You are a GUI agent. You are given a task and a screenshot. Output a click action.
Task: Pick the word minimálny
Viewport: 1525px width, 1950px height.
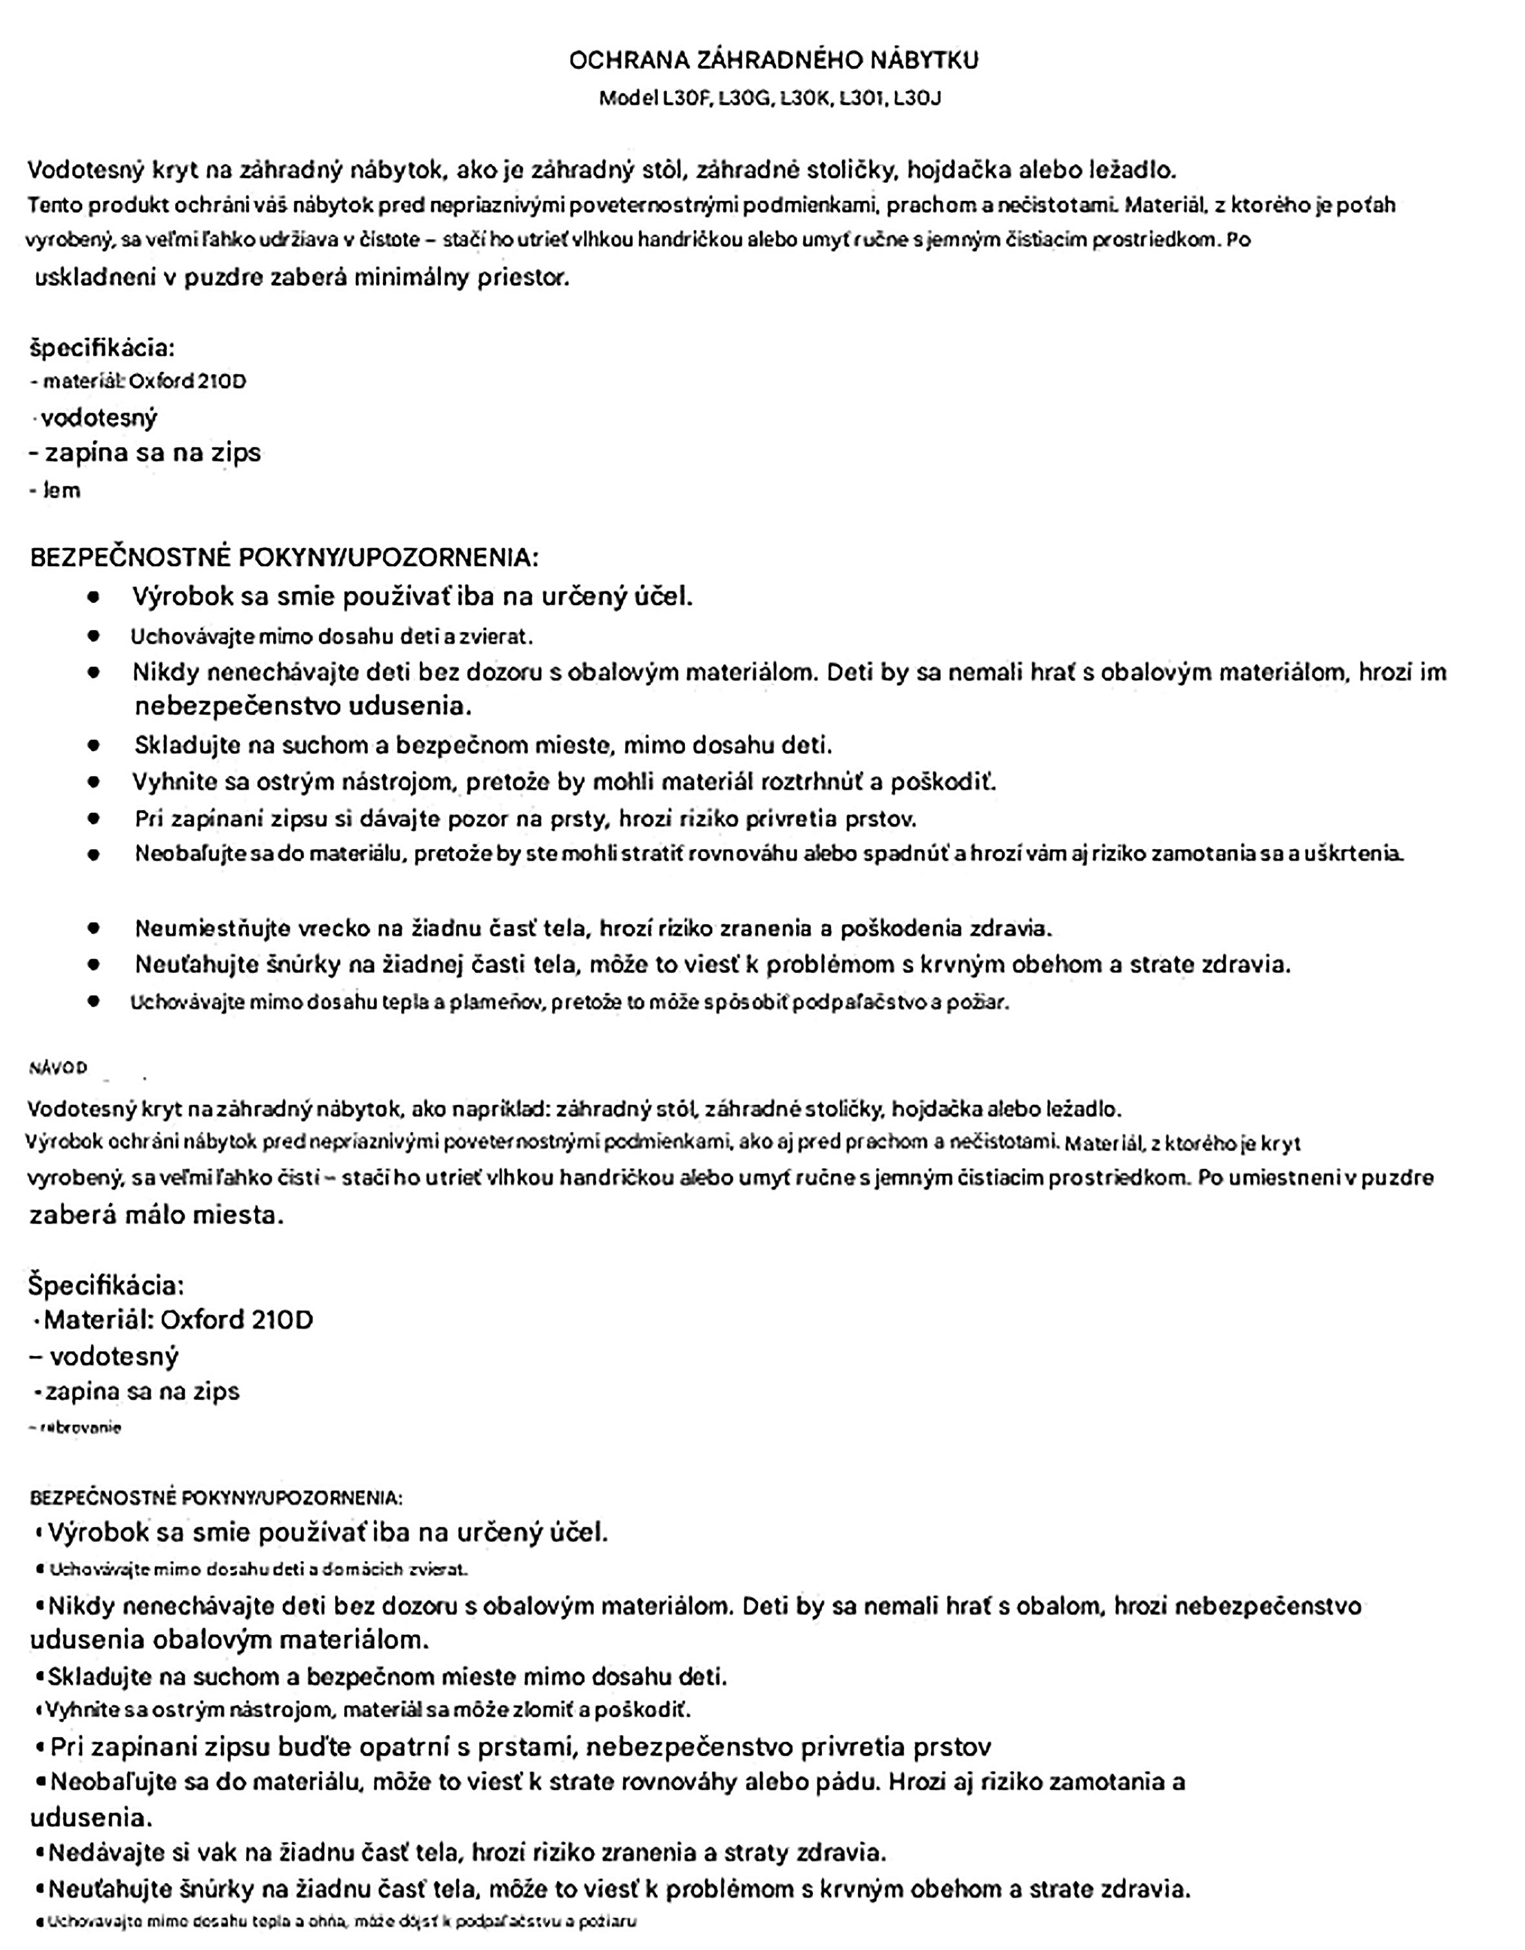[413, 278]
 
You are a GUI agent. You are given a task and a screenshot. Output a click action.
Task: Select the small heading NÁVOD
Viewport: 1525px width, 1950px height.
[58, 1068]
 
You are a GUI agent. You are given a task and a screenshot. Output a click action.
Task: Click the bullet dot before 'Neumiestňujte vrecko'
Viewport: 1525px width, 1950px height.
[94, 929]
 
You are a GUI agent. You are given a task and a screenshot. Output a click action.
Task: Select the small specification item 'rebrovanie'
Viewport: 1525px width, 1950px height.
[79, 1428]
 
